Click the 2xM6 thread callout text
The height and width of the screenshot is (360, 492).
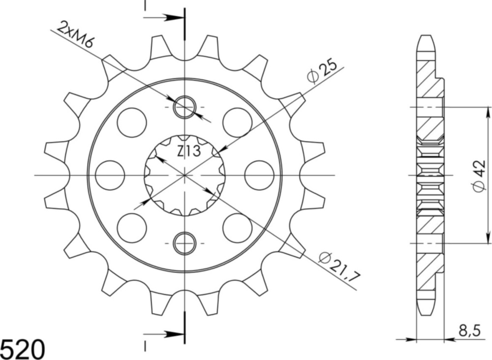[75, 35]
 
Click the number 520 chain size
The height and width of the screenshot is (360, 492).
[23, 349]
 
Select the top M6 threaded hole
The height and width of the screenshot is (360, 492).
[184, 107]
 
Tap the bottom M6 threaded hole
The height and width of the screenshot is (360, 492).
[184, 243]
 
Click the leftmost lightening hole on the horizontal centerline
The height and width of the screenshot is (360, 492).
[109, 175]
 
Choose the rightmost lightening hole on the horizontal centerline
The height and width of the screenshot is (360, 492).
[259, 175]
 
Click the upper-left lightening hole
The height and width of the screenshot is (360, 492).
[132, 122]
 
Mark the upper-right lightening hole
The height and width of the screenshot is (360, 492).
[237, 122]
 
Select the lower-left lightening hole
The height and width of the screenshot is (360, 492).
[132, 228]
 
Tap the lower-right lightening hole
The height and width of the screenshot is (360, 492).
[237, 228]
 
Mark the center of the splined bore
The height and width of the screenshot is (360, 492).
[184, 175]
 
